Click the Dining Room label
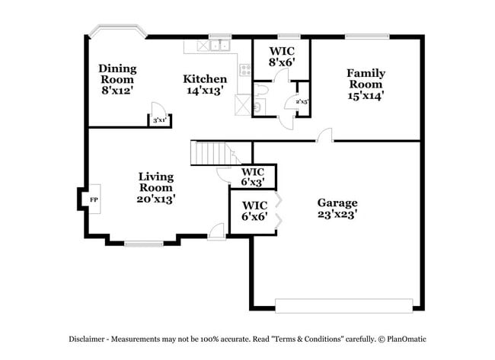pos(117,78)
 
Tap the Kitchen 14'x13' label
pos(205,84)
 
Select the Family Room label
pos(366,84)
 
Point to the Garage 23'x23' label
pos(337,209)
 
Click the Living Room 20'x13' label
pos(156,187)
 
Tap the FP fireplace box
pos(94,199)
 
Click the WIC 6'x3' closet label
pos(253,177)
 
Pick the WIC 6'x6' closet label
pos(254,211)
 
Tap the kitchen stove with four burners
pos(245,71)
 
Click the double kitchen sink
pos(220,46)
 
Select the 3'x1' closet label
pos(159,120)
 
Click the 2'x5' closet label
pos(302,100)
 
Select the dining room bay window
pos(117,32)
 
